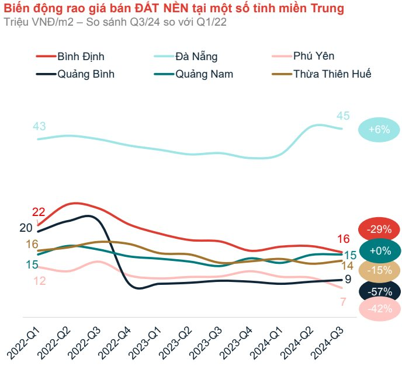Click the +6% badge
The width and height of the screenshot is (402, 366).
379,130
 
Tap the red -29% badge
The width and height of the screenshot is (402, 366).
379,229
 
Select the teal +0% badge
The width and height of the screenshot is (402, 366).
379,251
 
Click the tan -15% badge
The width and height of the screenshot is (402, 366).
379,271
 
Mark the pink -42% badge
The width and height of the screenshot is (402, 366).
379,309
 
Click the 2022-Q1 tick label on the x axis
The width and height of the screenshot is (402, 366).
23,342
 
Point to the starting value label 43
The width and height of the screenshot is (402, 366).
40,126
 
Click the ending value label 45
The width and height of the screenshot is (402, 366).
343,116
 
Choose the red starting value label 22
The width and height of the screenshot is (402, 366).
39,212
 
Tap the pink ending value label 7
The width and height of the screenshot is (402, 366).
343,302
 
